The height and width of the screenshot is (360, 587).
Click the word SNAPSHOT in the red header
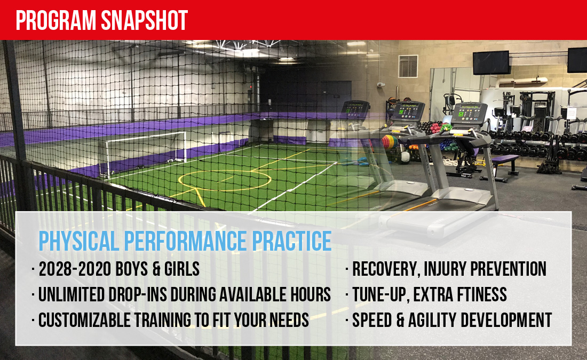[145, 20]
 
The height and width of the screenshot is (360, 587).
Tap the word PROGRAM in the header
[56, 20]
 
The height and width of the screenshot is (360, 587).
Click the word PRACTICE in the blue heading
[291, 241]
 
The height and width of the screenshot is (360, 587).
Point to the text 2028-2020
[75, 269]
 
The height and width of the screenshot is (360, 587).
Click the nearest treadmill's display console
[469, 114]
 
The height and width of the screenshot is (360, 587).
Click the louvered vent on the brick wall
[408, 66]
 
